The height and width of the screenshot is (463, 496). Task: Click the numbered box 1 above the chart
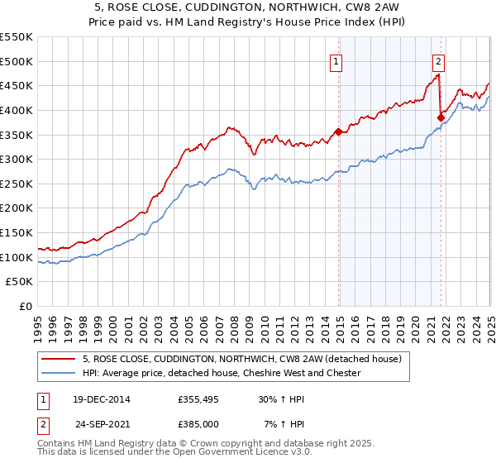coord(337,60)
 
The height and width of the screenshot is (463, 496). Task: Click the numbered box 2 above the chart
coord(438,60)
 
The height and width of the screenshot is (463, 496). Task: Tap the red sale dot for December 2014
coord(338,131)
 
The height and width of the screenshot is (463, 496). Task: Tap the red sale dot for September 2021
coord(441,117)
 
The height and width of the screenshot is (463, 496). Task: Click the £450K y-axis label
coord(17,85)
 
